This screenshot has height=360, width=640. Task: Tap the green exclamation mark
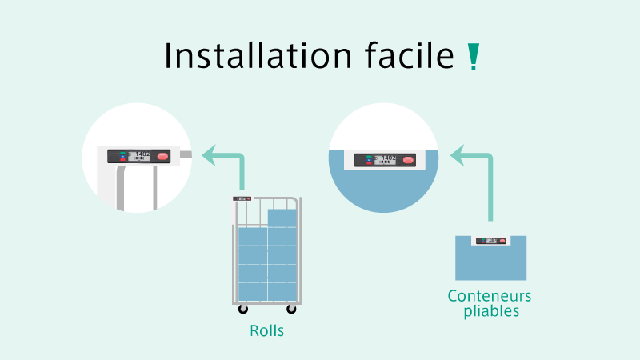[x=473, y=57]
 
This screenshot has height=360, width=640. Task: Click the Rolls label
[x=266, y=330]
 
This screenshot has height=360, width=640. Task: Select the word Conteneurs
[x=490, y=296]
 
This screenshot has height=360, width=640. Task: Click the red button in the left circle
[x=163, y=156]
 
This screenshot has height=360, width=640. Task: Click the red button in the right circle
[x=409, y=160]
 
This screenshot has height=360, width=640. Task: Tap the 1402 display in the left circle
[x=142, y=155]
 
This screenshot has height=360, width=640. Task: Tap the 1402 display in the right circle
[x=387, y=159]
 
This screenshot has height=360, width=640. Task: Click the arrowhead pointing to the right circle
[x=456, y=154]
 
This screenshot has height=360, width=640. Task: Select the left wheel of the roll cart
[x=243, y=309]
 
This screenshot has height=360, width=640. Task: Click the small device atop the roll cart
[x=242, y=198]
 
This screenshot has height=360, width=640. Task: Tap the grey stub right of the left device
[x=185, y=155]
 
